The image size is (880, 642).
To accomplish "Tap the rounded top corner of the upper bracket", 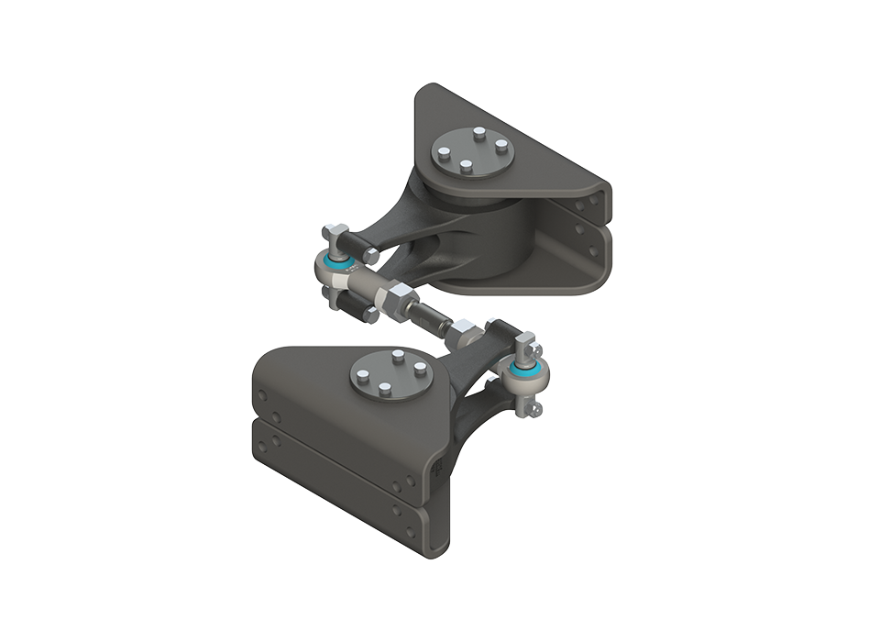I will [431, 92].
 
